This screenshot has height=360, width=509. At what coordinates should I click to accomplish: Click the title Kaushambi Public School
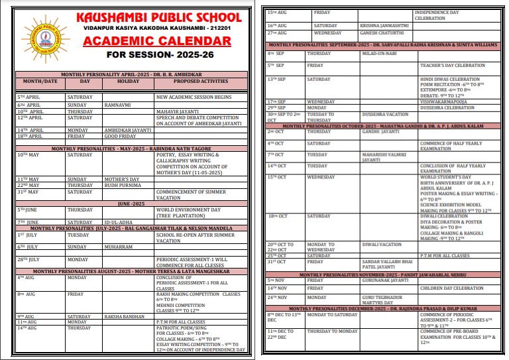(x=160, y=17)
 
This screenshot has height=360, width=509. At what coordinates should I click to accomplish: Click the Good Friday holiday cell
(x=119, y=136)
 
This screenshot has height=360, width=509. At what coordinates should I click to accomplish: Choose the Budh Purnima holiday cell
(x=120, y=186)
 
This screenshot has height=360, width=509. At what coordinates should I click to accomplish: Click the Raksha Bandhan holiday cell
(x=123, y=316)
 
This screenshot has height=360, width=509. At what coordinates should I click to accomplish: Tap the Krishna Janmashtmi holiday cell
(x=384, y=25)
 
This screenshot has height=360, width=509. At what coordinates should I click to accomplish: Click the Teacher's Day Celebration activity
(x=452, y=66)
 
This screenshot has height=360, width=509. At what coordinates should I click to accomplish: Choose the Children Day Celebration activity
(x=451, y=288)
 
